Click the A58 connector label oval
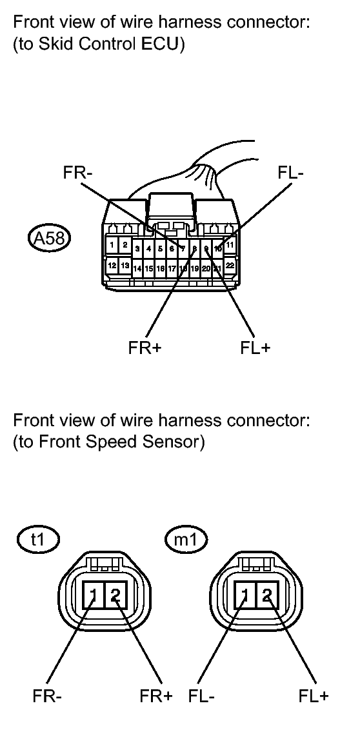coord(49,237)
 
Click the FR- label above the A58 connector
coord(76,174)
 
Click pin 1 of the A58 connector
coord(113,245)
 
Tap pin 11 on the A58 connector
coord(230,245)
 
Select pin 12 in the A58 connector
coord(113,266)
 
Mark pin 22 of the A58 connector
coord(230,266)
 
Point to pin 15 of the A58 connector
coord(149,268)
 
